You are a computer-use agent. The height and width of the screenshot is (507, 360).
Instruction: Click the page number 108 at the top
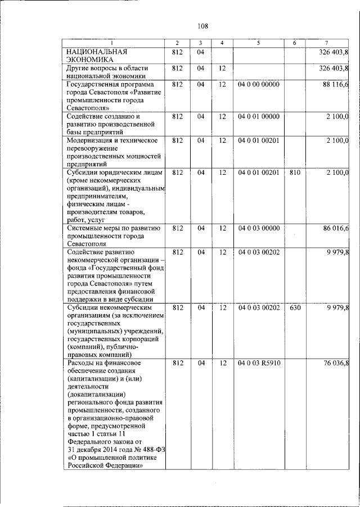click(x=203, y=26)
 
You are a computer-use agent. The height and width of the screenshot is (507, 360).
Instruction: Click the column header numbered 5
click(x=259, y=43)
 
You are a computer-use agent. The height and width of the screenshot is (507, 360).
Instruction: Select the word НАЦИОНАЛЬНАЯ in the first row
click(x=94, y=52)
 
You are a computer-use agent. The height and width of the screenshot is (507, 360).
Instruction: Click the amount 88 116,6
click(x=336, y=84)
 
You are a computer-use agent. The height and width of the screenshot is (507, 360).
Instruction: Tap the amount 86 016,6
click(x=336, y=228)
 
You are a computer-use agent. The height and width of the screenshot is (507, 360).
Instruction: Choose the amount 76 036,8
click(x=336, y=363)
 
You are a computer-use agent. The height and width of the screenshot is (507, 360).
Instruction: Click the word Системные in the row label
click(x=84, y=228)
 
